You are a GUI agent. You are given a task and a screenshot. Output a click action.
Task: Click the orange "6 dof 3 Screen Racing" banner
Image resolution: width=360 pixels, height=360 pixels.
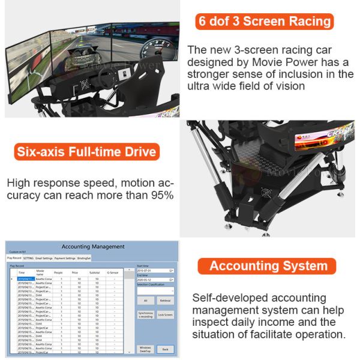(x=265, y=22)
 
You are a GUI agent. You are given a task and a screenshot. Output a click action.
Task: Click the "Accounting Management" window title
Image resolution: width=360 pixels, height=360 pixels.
(x=93, y=246)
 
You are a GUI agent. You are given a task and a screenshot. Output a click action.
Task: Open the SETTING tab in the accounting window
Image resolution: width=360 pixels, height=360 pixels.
(x=28, y=258)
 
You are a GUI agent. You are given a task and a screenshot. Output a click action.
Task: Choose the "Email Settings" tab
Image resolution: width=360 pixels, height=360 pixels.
(x=44, y=258)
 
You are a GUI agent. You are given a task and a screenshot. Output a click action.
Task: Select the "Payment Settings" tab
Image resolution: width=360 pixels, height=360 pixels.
(x=65, y=258)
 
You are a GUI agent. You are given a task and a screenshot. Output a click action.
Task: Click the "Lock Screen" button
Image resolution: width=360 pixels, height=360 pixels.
(x=166, y=314)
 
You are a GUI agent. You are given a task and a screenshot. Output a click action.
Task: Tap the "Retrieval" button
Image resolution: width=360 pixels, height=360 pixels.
(x=166, y=300)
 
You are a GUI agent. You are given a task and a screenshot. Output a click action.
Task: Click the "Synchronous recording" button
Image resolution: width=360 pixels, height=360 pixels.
(x=145, y=314)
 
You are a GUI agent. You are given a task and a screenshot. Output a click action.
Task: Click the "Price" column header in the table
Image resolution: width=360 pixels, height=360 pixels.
(x=75, y=272)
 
